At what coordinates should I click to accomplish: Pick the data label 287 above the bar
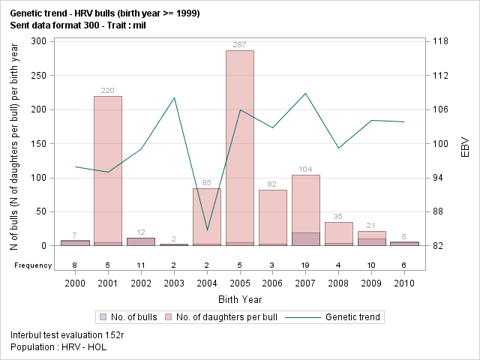pyautogui.click(x=239, y=45)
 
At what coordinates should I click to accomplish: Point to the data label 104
pyautogui.click(x=305, y=169)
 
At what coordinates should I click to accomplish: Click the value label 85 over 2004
pyautogui.click(x=206, y=183)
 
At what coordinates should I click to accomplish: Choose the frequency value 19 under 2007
pyautogui.click(x=305, y=265)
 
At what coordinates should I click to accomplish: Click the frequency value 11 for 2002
pyautogui.click(x=141, y=265)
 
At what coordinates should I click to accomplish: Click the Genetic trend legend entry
pyautogui.click(x=344, y=317)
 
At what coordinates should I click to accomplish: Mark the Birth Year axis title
pyautogui.click(x=239, y=298)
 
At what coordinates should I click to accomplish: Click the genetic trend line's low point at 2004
pyautogui.click(x=207, y=229)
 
